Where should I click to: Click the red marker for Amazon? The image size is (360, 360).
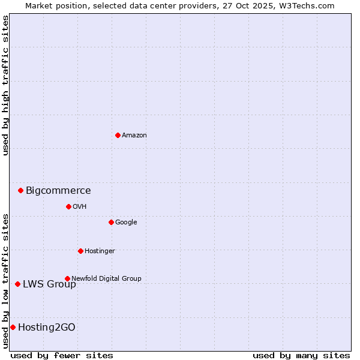[x=118, y=135]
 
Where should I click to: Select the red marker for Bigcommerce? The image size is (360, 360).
[x=20, y=190]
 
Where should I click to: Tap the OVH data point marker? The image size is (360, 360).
[x=68, y=206]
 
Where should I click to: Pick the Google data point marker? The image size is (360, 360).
[x=111, y=222]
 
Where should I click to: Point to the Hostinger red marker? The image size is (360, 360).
[x=80, y=251]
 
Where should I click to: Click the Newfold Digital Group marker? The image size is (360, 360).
[x=67, y=278]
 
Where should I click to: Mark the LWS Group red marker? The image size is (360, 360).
[x=17, y=284]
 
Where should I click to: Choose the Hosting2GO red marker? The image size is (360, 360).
[x=13, y=327]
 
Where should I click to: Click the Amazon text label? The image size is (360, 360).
[x=134, y=136]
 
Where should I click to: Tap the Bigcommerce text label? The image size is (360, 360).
[x=58, y=191]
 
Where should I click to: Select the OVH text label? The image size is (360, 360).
[x=80, y=207]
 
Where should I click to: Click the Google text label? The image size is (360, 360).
[x=126, y=223]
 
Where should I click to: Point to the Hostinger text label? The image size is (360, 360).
[x=100, y=251]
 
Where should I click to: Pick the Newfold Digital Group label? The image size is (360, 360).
[x=106, y=278]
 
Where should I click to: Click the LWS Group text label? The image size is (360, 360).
[x=49, y=284]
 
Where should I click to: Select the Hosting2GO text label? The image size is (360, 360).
[x=47, y=328]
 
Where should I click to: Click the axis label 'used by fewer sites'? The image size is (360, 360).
[x=62, y=355]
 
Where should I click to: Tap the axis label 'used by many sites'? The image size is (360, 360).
[x=301, y=355]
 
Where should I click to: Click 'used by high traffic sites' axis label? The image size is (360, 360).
[x=5, y=85]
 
